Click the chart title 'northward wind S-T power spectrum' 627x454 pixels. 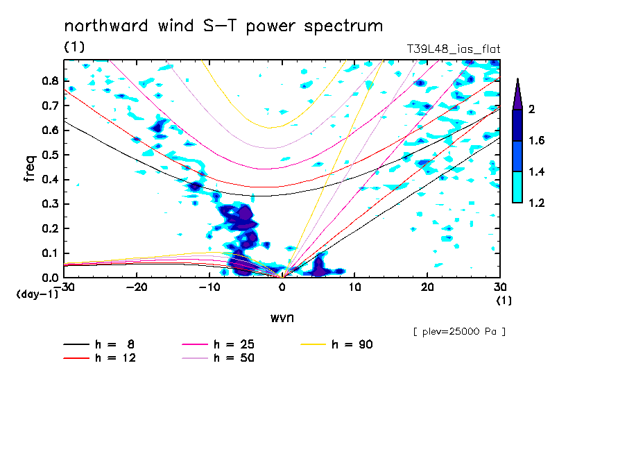point(223,26)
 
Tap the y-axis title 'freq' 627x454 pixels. point(30,168)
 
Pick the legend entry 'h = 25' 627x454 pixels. point(234,344)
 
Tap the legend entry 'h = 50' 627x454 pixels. point(234,358)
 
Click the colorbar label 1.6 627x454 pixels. point(536,141)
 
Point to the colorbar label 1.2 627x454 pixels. point(536,203)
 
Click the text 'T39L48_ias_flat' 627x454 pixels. point(454,49)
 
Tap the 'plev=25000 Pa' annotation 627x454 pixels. point(459,332)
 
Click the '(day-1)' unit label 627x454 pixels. point(36,294)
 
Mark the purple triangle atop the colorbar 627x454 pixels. point(517,93)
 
